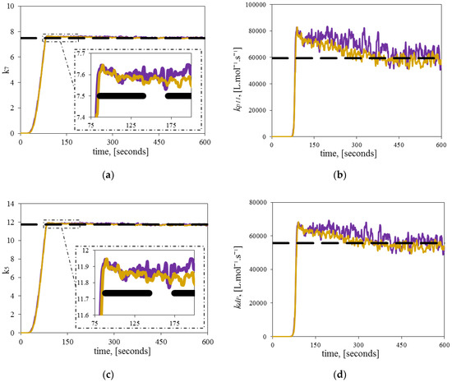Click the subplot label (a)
point(108,175)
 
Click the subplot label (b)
point(339,175)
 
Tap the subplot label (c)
point(108,375)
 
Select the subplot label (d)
point(339,375)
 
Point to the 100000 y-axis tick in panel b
point(256,5)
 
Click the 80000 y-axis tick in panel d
point(258,203)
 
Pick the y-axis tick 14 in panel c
point(11,205)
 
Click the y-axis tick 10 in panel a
point(11,6)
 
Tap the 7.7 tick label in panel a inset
point(81,53)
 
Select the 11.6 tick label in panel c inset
point(83,315)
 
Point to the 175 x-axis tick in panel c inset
point(174,323)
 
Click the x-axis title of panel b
point(348,154)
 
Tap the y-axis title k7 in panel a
point(5,70)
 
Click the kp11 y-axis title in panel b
point(238,80)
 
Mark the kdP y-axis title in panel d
point(238,278)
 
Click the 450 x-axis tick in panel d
point(401,345)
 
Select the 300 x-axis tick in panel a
point(113,142)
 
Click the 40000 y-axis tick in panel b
point(257,84)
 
